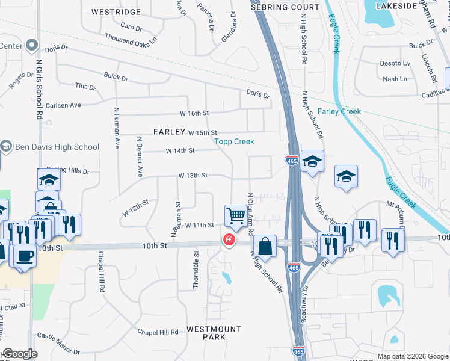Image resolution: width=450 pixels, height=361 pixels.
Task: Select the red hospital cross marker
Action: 229,240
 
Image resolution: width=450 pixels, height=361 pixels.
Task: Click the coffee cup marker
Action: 24,256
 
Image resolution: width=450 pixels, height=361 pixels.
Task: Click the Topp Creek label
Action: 235,141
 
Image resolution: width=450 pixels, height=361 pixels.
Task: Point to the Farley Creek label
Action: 339,111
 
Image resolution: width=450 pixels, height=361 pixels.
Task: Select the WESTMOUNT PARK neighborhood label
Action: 206,333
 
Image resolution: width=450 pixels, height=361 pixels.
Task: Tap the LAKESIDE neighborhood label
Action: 396,5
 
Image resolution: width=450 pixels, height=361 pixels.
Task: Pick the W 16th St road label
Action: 194,113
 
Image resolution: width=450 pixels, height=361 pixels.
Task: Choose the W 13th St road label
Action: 193,176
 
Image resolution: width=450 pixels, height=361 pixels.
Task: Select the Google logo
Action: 20,354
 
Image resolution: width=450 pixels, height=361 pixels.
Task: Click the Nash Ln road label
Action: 395,79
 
